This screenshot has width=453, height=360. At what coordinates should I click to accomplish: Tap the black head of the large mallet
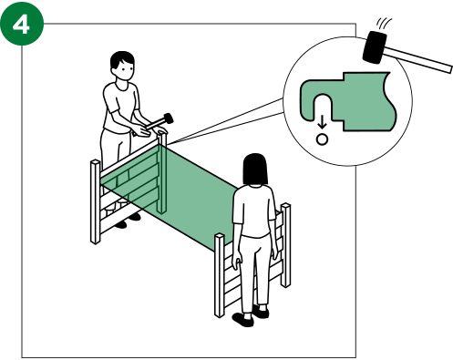(x=375, y=47)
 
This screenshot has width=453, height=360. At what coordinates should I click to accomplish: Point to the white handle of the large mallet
(x=418, y=59)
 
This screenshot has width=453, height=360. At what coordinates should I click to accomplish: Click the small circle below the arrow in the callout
(x=322, y=139)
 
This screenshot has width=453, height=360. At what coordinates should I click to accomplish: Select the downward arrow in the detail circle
(x=322, y=123)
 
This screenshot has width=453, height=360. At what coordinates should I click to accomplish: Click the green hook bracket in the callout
(x=348, y=101)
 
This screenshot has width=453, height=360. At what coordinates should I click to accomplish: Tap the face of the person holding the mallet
(x=125, y=71)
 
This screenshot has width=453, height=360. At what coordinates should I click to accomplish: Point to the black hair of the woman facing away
(x=255, y=169)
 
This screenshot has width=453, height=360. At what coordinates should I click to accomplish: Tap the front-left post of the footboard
(x=220, y=275)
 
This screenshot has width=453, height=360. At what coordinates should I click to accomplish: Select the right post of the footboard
(x=285, y=245)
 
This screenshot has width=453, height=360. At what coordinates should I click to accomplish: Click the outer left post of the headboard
(x=95, y=201)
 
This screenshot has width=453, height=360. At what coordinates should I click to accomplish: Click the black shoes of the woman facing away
(x=251, y=315)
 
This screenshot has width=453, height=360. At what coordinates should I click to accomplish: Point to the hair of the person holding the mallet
(x=122, y=59)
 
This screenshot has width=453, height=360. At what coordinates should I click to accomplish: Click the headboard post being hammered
(x=162, y=172)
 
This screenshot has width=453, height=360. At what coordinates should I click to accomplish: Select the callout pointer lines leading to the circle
(x=225, y=121)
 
